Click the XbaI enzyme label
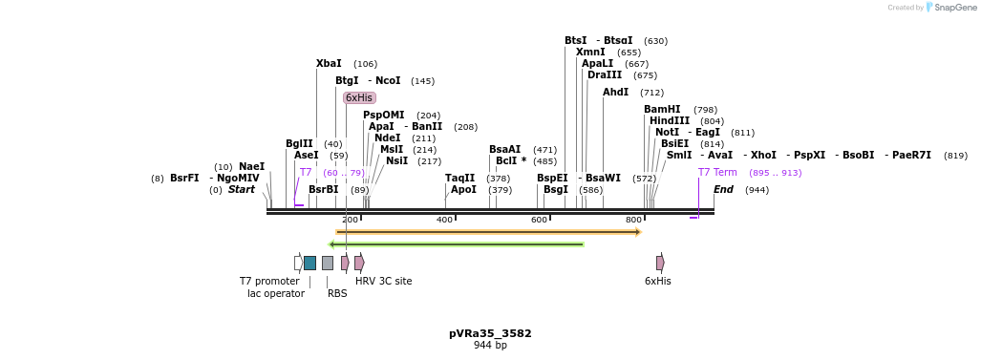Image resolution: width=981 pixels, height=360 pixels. (329, 64)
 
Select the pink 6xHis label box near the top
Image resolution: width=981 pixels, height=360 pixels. (359, 97)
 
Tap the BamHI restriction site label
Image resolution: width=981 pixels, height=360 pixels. (662, 110)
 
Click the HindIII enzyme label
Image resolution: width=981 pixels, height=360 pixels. (670, 121)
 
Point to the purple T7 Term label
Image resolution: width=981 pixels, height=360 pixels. (717, 173)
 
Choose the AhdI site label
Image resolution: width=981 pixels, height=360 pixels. (615, 93)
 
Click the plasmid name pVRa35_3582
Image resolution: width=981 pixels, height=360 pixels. (490, 334)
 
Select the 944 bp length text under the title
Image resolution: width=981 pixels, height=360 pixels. (490, 346)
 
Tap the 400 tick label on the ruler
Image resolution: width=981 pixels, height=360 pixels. (444, 221)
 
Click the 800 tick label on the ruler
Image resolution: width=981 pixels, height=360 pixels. (633, 221)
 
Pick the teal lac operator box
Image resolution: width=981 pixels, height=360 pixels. (309, 263)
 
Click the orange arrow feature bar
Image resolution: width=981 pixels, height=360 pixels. (488, 232)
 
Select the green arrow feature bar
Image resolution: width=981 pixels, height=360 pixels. (456, 244)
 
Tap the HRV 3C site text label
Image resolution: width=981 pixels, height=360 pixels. (383, 282)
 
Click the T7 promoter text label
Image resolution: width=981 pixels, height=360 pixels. (269, 282)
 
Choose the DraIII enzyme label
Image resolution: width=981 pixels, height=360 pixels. (605, 75)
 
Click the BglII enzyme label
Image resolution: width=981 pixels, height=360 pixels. (299, 144)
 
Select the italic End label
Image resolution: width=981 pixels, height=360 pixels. (723, 190)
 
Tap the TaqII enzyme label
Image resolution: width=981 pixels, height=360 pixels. (459, 179)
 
